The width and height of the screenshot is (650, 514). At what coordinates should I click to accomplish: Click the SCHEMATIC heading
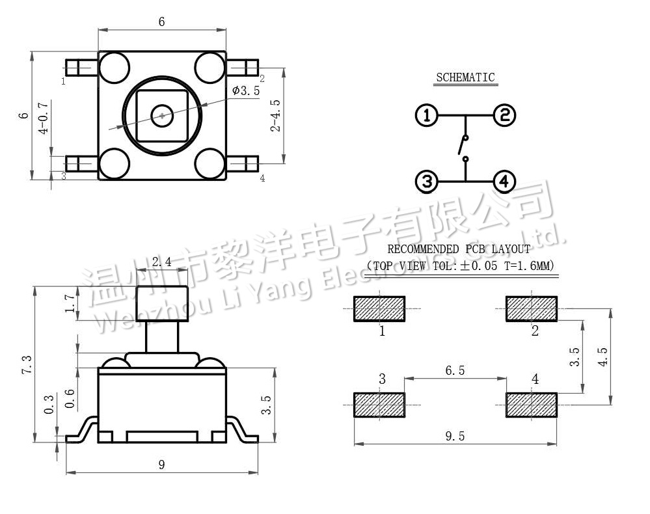465,77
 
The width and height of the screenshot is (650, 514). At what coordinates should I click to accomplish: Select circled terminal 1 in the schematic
426,116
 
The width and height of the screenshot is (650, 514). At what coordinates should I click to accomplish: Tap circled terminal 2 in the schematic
504,116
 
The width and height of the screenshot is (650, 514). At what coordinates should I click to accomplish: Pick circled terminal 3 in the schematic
426,182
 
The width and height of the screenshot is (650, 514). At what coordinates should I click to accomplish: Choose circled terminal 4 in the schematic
504,182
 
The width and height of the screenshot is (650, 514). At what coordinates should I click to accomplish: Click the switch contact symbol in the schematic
464,147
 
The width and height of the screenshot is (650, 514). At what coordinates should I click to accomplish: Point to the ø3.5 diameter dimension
245,91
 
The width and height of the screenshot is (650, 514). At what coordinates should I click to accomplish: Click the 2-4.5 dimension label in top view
276,115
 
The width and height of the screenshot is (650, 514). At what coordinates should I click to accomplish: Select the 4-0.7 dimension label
44,117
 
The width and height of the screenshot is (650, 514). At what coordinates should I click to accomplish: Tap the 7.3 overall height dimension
27,364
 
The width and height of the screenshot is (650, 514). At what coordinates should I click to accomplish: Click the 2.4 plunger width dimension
161,262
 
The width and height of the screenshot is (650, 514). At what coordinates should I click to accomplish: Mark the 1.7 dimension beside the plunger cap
70,303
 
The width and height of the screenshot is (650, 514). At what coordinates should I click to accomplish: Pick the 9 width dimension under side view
162,464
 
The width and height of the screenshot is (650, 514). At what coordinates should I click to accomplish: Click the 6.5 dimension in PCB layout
455,370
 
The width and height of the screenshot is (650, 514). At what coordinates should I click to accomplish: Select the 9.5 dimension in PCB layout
455,437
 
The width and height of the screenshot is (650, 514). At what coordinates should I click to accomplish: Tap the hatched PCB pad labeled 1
379,309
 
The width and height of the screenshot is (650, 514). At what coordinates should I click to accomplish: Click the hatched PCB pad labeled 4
532,405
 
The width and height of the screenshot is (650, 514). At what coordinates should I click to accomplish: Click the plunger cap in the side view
162,304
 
